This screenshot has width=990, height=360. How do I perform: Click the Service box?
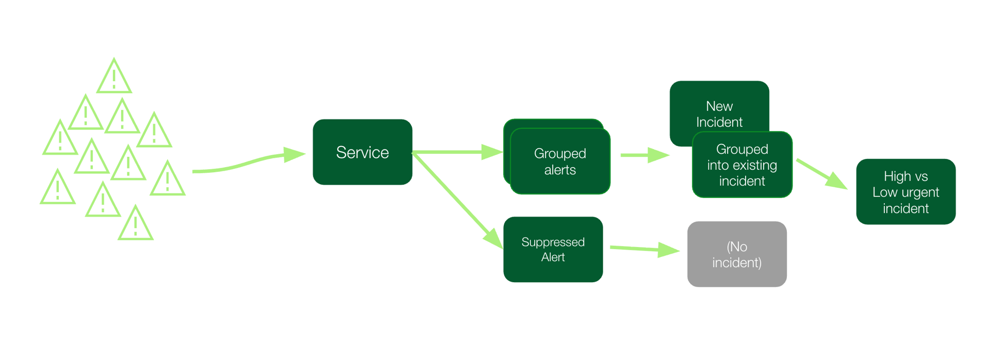click(x=362, y=152)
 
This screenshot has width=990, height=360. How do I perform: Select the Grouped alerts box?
click(x=560, y=161)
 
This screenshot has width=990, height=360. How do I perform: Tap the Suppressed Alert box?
click(x=553, y=250)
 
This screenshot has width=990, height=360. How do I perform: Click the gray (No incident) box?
click(x=737, y=254)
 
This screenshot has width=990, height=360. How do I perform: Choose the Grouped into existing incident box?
click(x=742, y=165)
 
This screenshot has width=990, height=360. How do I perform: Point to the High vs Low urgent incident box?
click(x=905, y=192)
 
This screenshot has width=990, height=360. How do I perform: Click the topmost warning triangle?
click(x=114, y=78)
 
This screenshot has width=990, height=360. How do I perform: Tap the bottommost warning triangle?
click(x=136, y=225)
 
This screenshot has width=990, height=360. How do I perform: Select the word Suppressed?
click(x=553, y=242)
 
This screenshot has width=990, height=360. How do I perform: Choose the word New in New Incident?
click(x=719, y=106)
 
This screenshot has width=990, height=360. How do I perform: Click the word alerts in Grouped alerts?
click(x=560, y=170)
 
